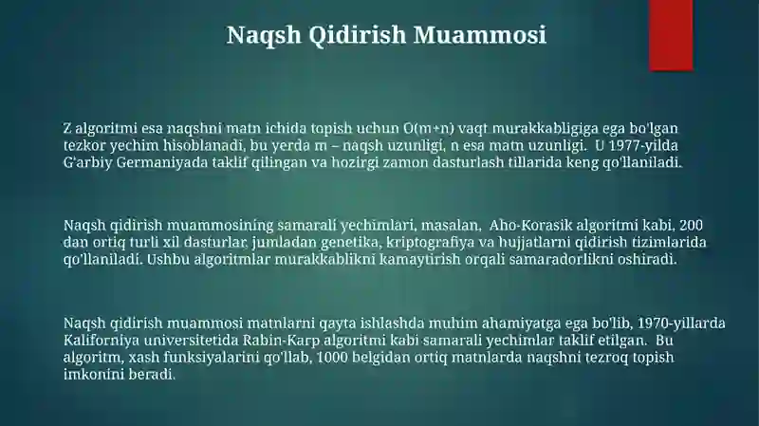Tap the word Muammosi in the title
(x=480, y=35)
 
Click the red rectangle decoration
(x=671, y=35)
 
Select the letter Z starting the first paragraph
(x=66, y=128)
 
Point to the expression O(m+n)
(x=429, y=128)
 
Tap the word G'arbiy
(x=87, y=162)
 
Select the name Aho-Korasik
(x=530, y=225)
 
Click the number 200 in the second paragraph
(x=692, y=225)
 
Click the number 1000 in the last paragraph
(x=331, y=358)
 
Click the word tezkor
(x=84, y=145)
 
